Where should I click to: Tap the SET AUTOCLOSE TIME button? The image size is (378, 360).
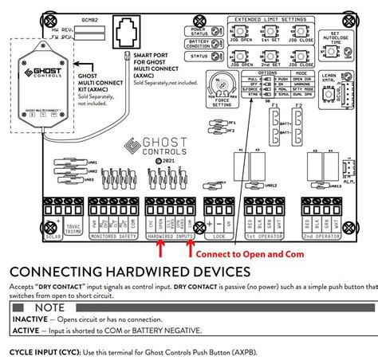[329, 43]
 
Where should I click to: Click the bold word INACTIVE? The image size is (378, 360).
[28, 320]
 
